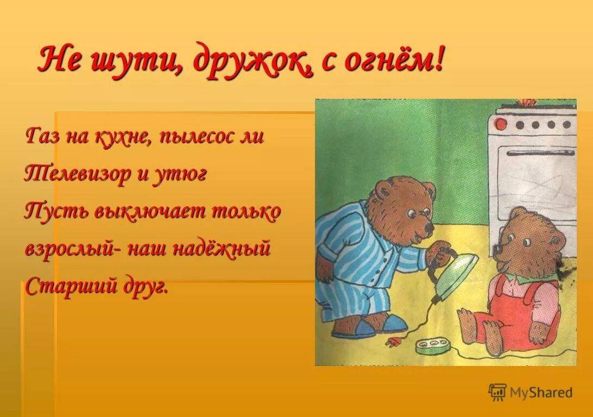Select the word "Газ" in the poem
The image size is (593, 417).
click(43, 135)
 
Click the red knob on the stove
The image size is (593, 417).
click(501, 124)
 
